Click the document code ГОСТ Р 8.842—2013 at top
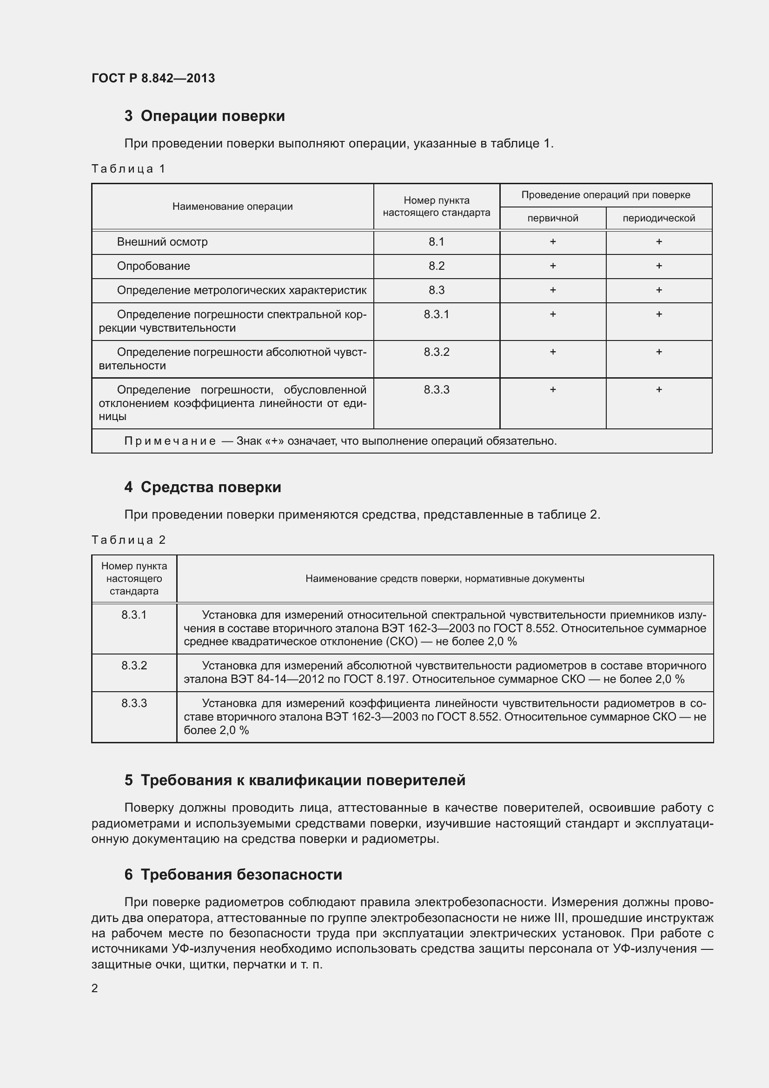point(153,78)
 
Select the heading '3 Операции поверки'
point(205,116)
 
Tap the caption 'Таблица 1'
point(128,169)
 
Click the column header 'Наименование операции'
point(232,207)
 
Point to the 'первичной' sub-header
point(553,219)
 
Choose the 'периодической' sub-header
point(659,219)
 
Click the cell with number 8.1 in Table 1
point(436,242)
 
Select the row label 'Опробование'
point(153,267)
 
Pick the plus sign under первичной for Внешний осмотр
point(553,242)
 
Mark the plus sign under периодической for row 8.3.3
point(659,389)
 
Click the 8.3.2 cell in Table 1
point(436,352)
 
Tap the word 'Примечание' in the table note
point(170,441)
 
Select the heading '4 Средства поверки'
point(203,487)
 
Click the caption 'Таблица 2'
point(128,540)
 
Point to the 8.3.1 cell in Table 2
point(134,615)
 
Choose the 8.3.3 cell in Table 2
point(134,703)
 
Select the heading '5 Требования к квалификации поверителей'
point(294,780)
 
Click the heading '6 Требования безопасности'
point(233,874)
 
